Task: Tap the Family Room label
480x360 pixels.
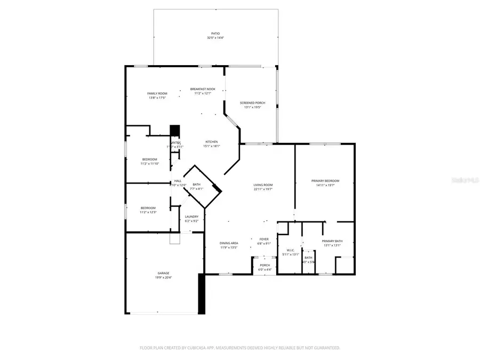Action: (x=157, y=93)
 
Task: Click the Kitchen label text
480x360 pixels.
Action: (x=212, y=142)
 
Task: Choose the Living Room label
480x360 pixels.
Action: (x=263, y=185)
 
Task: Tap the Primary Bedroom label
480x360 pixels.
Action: (x=325, y=181)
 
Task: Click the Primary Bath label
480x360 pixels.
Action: (x=333, y=241)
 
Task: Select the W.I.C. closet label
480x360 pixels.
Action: (x=291, y=250)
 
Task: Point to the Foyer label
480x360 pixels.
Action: (x=264, y=239)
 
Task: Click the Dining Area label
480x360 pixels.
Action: (x=229, y=243)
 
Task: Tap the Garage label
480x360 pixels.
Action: (x=163, y=273)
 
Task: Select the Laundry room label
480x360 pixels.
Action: (x=191, y=217)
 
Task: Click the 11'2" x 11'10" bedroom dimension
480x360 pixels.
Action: (x=149, y=164)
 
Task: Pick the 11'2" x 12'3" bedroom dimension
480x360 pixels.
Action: (x=148, y=212)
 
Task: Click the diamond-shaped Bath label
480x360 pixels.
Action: (x=197, y=185)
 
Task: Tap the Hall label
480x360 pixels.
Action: (x=178, y=181)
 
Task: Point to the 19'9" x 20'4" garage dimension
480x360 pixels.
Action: (x=163, y=277)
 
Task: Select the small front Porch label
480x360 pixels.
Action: (x=265, y=265)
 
